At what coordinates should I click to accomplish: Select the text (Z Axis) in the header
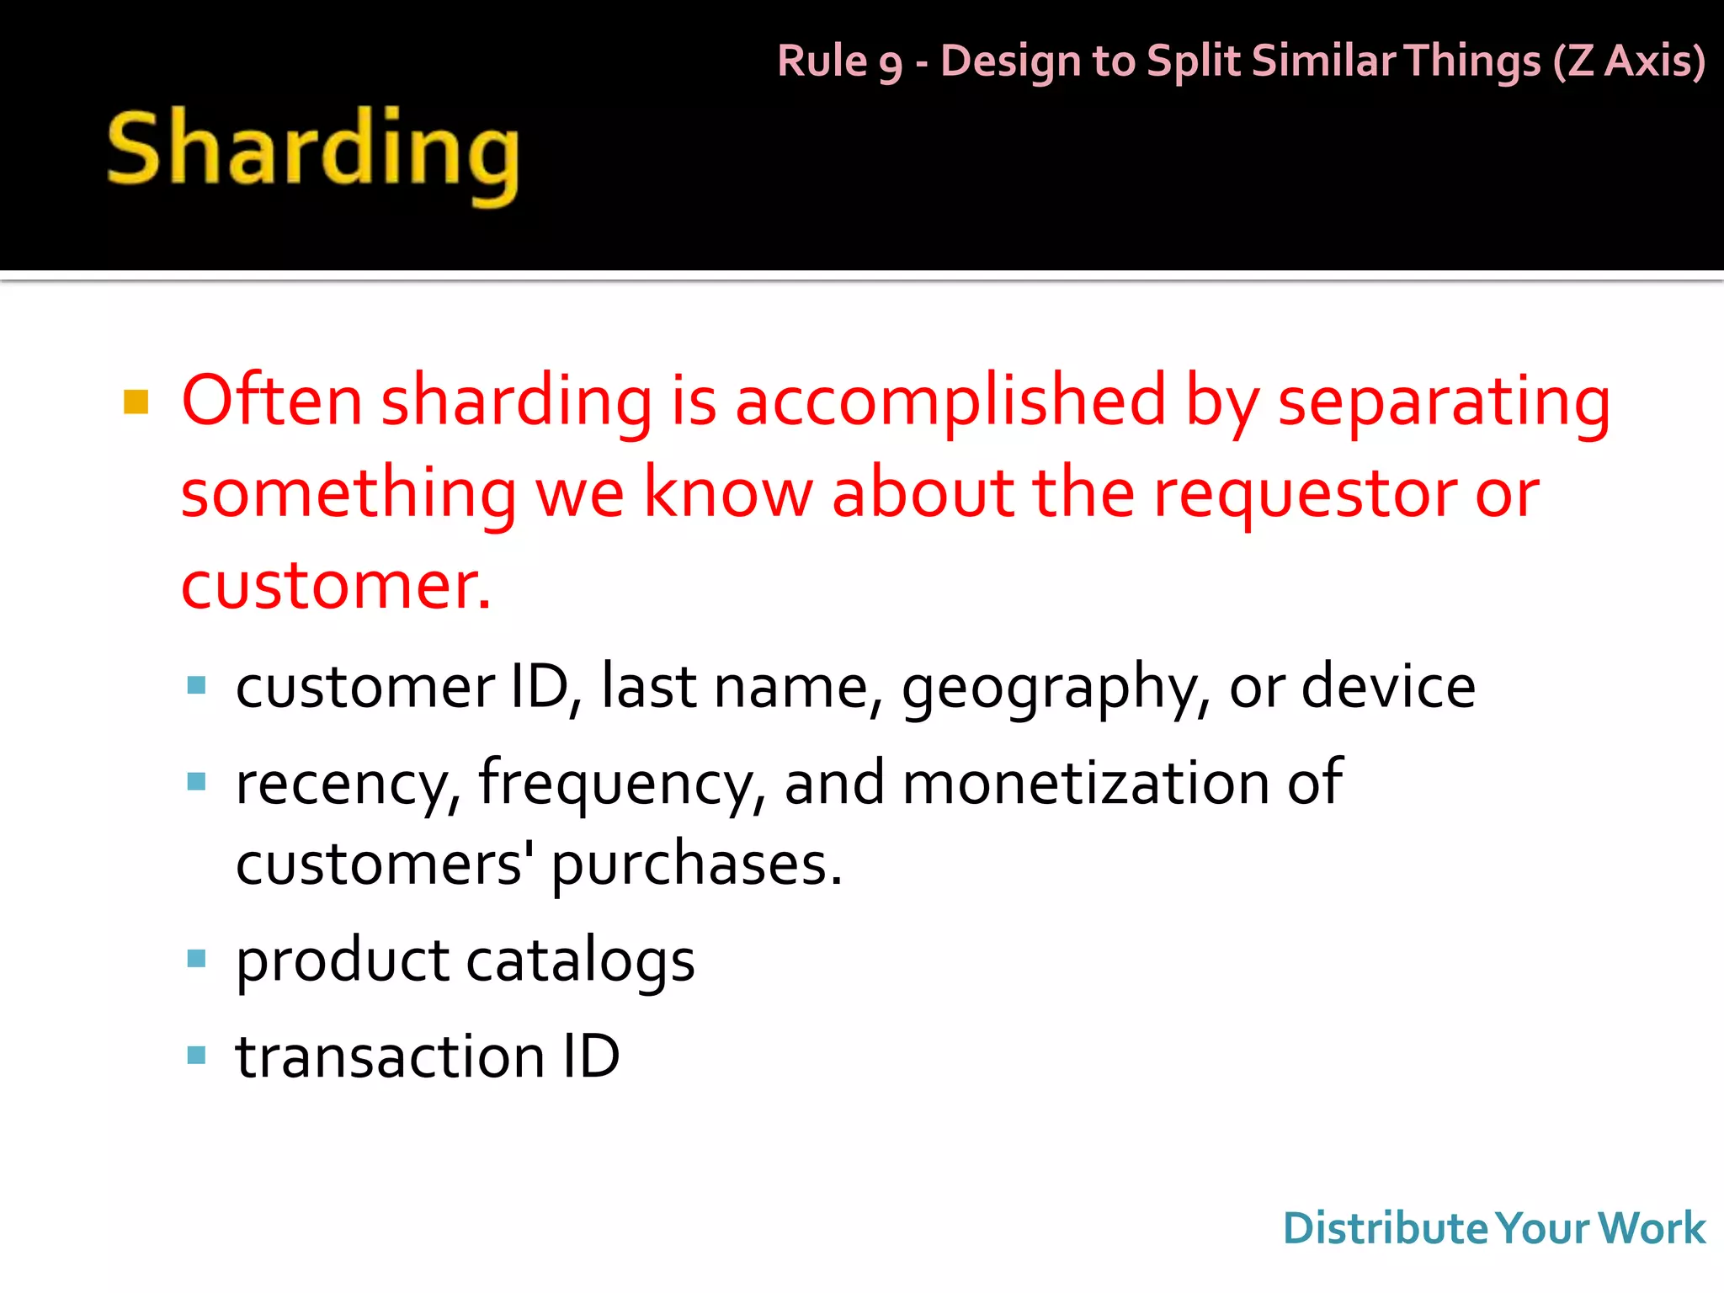point(1629,61)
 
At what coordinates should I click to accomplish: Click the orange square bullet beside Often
point(136,402)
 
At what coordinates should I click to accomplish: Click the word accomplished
point(950,402)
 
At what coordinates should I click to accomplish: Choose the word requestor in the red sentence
point(1303,493)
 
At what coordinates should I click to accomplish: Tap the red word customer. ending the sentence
point(335,585)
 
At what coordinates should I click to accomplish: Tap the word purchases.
point(696,865)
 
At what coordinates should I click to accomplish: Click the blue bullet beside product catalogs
point(196,958)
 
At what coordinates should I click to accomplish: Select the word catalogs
point(580,960)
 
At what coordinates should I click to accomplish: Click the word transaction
point(390,1056)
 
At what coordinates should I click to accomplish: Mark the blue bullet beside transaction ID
point(196,1055)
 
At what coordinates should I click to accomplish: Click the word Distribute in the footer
point(1386,1228)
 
